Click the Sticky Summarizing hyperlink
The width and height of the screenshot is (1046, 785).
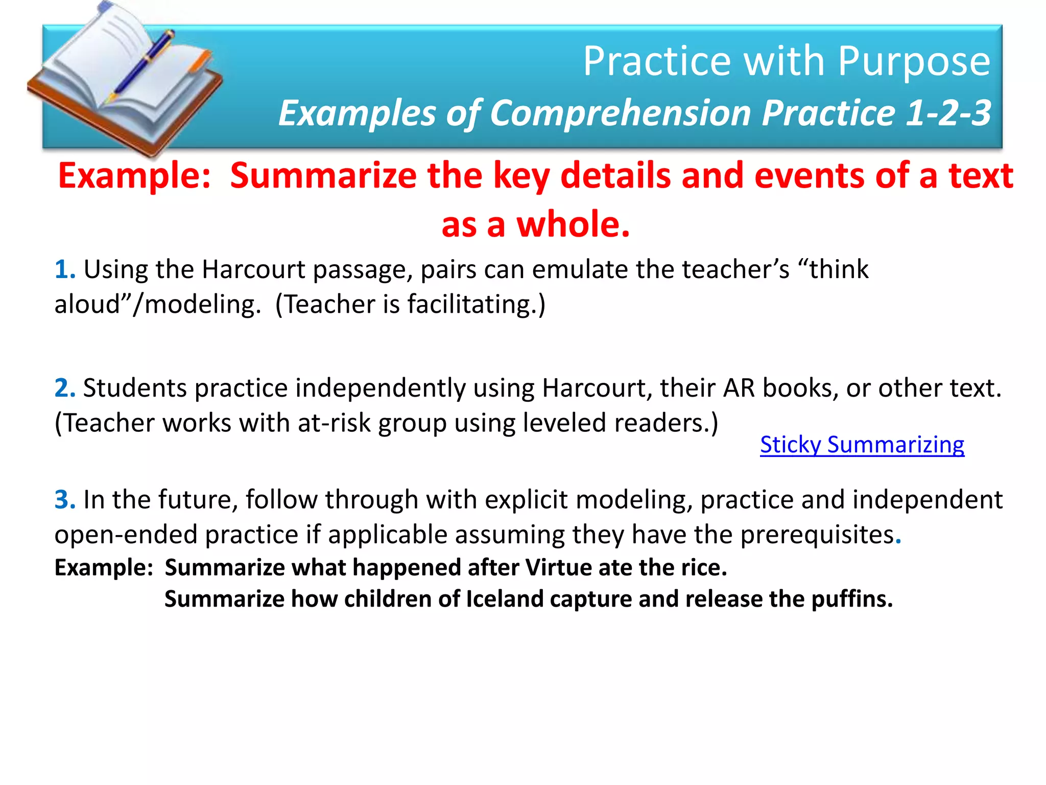862,445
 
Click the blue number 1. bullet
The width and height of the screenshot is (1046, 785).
65,269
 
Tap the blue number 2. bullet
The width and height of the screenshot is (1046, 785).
65,388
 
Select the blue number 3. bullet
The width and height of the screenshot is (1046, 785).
65,499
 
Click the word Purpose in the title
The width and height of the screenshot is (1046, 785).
914,62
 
